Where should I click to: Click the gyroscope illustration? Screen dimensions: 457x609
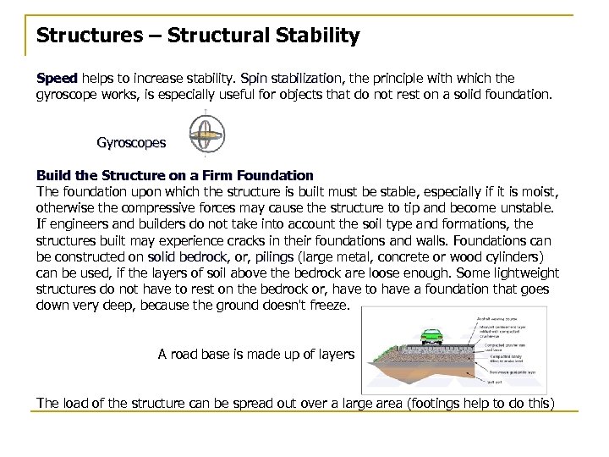203,137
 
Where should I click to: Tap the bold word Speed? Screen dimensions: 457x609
55,77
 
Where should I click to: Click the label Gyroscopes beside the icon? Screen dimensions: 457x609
131,142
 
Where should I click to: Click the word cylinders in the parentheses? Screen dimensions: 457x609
521,256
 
